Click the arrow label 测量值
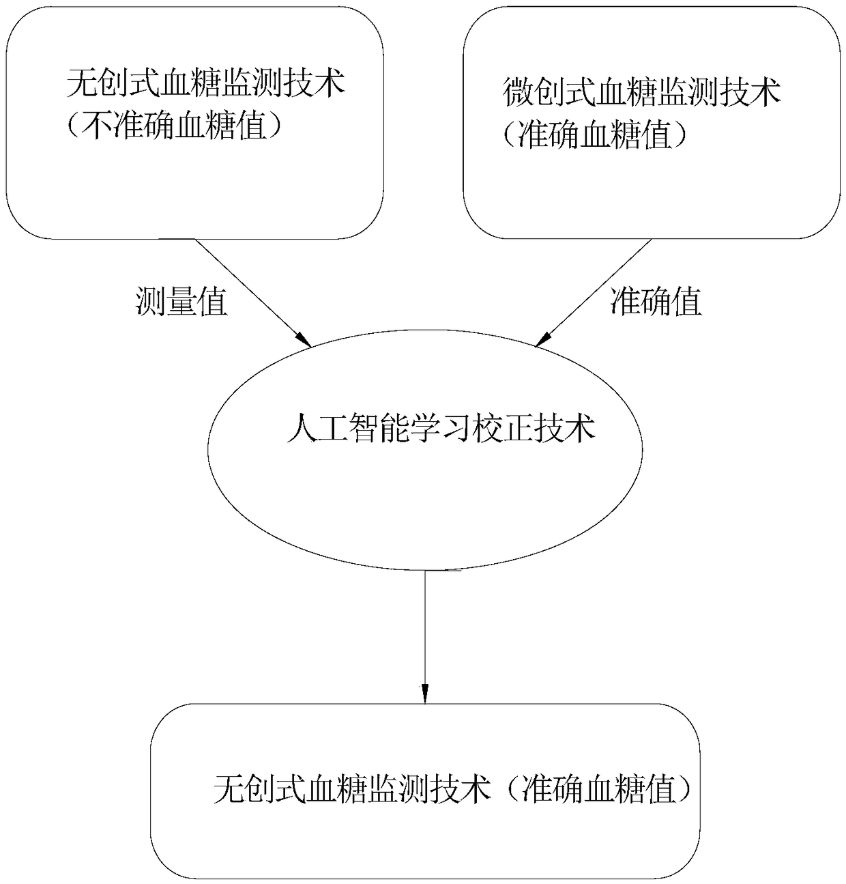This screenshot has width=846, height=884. [x=181, y=302]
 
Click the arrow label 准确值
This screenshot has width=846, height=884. [x=656, y=301]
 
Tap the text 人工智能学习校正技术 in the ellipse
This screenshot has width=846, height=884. [x=441, y=429]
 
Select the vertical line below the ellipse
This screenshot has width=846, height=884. [x=425, y=628]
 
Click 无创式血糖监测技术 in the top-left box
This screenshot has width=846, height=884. [x=205, y=84]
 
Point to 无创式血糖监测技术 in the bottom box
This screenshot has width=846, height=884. [x=352, y=790]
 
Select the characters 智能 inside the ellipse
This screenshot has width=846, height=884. [x=378, y=429]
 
